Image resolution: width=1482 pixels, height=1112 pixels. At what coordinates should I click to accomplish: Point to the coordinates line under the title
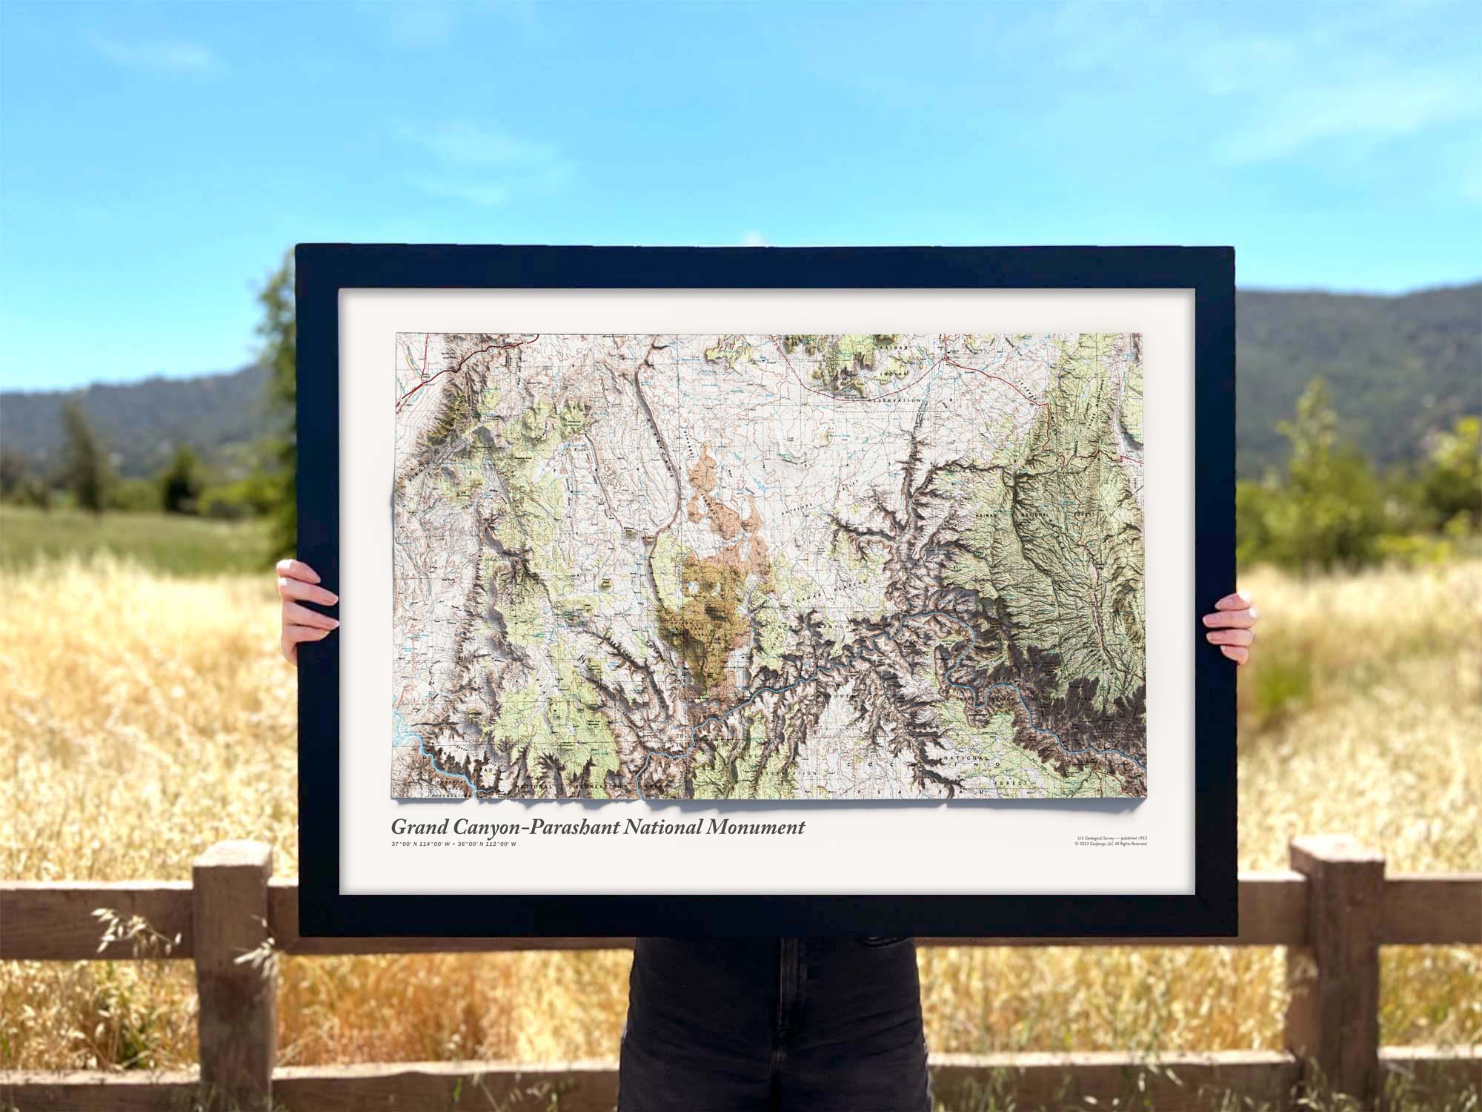point(453,845)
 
